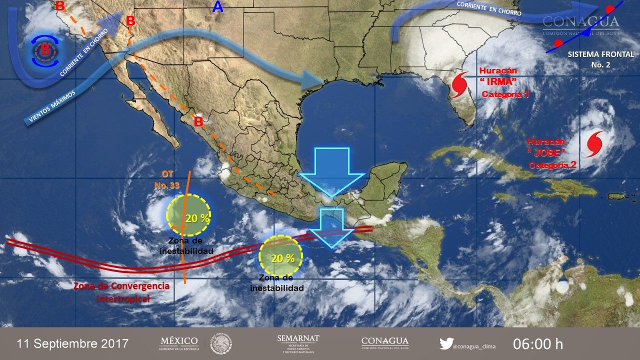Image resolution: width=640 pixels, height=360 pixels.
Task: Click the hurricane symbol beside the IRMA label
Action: coord(458,85)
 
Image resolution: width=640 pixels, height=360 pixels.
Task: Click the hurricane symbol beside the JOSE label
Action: coord(594,142)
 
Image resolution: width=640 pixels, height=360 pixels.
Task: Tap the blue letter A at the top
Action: coord(217,7)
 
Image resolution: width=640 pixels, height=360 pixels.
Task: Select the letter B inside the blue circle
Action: coord(45,49)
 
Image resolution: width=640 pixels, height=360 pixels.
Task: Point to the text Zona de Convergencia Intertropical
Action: coord(121,292)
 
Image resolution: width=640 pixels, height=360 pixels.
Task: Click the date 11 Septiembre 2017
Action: coord(73,344)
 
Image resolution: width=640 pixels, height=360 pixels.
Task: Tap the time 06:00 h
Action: coord(538,344)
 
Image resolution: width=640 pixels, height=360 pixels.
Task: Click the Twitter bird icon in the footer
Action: coord(446,343)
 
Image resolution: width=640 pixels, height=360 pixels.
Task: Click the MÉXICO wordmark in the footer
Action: coord(179,341)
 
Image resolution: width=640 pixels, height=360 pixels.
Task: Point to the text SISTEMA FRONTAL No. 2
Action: coord(601,59)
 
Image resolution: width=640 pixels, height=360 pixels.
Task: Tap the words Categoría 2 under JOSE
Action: coord(552,165)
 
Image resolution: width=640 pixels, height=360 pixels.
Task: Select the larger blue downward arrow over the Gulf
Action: coord(331,170)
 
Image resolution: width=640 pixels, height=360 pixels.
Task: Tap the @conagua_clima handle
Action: coord(475,344)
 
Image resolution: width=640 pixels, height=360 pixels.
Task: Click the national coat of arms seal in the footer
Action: coord(220,343)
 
